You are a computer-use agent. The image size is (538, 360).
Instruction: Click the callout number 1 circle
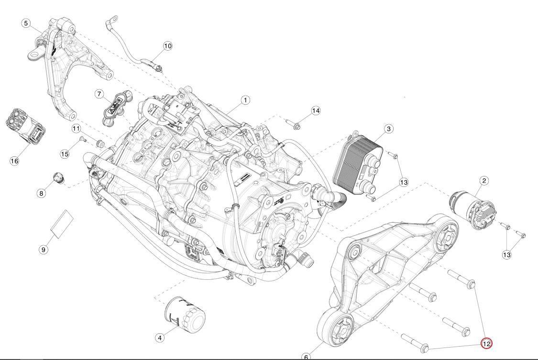[x=245, y=100]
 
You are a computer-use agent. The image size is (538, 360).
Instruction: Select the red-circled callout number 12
[x=486, y=344]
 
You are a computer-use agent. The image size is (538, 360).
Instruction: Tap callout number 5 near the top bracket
[x=26, y=23]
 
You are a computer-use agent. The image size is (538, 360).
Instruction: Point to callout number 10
[x=167, y=45]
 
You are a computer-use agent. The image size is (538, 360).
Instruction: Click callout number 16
[x=14, y=161]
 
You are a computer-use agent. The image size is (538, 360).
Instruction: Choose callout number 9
[x=43, y=250]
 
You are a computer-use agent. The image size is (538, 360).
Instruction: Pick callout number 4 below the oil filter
[x=160, y=338]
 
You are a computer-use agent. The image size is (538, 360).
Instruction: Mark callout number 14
[x=316, y=110]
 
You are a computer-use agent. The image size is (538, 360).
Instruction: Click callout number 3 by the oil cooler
[x=388, y=129]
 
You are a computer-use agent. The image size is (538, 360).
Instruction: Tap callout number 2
[x=484, y=181]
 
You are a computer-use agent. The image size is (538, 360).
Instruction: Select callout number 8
[x=42, y=193]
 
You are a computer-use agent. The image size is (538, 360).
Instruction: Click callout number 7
[x=99, y=94]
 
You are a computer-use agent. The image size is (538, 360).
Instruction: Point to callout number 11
[x=76, y=129]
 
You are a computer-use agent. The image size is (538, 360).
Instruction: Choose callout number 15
[x=65, y=154]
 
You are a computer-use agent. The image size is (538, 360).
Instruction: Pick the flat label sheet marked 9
[x=62, y=223]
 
